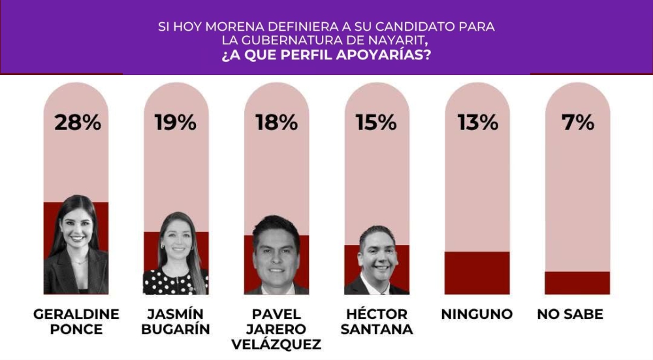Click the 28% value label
tap(77, 122)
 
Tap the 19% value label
tap(175, 122)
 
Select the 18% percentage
tap(276, 122)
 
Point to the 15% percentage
tap(376, 122)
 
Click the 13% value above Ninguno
tap(477, 122)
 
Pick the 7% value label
tap(578, 122)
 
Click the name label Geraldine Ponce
tap(76, 321)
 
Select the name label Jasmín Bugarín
tap(176, 321)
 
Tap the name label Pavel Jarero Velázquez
tap(276, 329)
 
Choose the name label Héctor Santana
tap(377, 321)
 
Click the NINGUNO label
tap(477, 314)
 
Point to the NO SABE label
tap(570, 314)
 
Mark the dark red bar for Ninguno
tap(477, 272)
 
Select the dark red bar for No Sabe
tap(577, 282)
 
